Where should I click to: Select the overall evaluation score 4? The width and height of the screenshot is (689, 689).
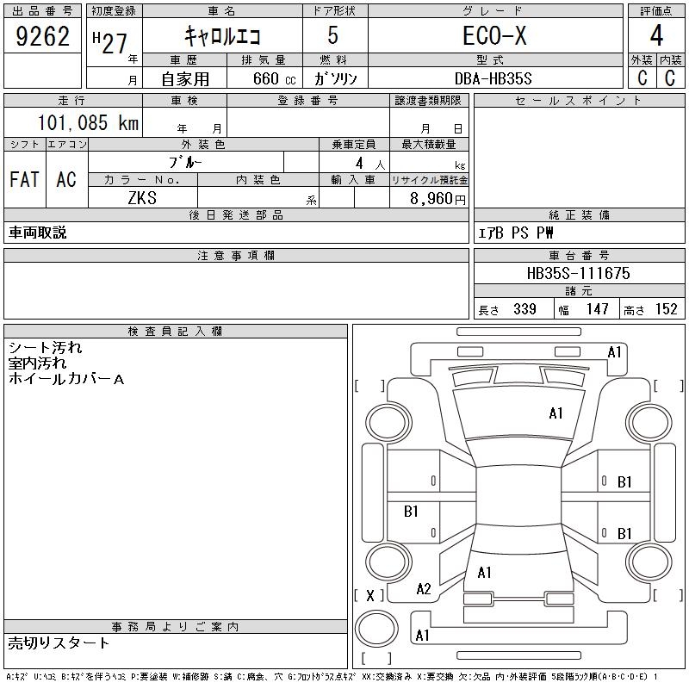click(x=656, y=37)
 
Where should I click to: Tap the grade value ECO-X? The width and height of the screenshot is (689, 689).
click(x=494, y=36)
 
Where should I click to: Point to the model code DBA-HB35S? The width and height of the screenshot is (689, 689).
click(x=494, y=78)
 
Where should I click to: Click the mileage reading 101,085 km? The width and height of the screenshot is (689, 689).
click(x=87, y=122)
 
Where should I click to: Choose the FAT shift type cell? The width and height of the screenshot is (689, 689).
click(x=24, y=179)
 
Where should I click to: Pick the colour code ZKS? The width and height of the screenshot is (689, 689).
click(x=142, y=198)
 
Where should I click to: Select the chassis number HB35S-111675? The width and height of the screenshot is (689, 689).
click(x=579, y=273)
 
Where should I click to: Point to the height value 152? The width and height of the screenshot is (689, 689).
click(x=666, y=309)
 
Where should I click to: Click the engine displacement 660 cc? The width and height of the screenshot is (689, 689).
click(x=263, y=78)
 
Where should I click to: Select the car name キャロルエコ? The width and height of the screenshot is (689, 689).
click(x=223, y=36)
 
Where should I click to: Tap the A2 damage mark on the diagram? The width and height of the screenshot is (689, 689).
click(x=423, y=589)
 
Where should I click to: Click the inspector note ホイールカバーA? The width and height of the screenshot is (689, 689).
click(x=66, y=379)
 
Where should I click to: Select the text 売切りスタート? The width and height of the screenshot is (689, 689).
click(x=59, y=642)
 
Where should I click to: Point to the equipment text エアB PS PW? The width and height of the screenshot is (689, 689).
click(x=516, y=233)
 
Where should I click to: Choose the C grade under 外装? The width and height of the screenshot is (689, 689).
click(x=642, y=78)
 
